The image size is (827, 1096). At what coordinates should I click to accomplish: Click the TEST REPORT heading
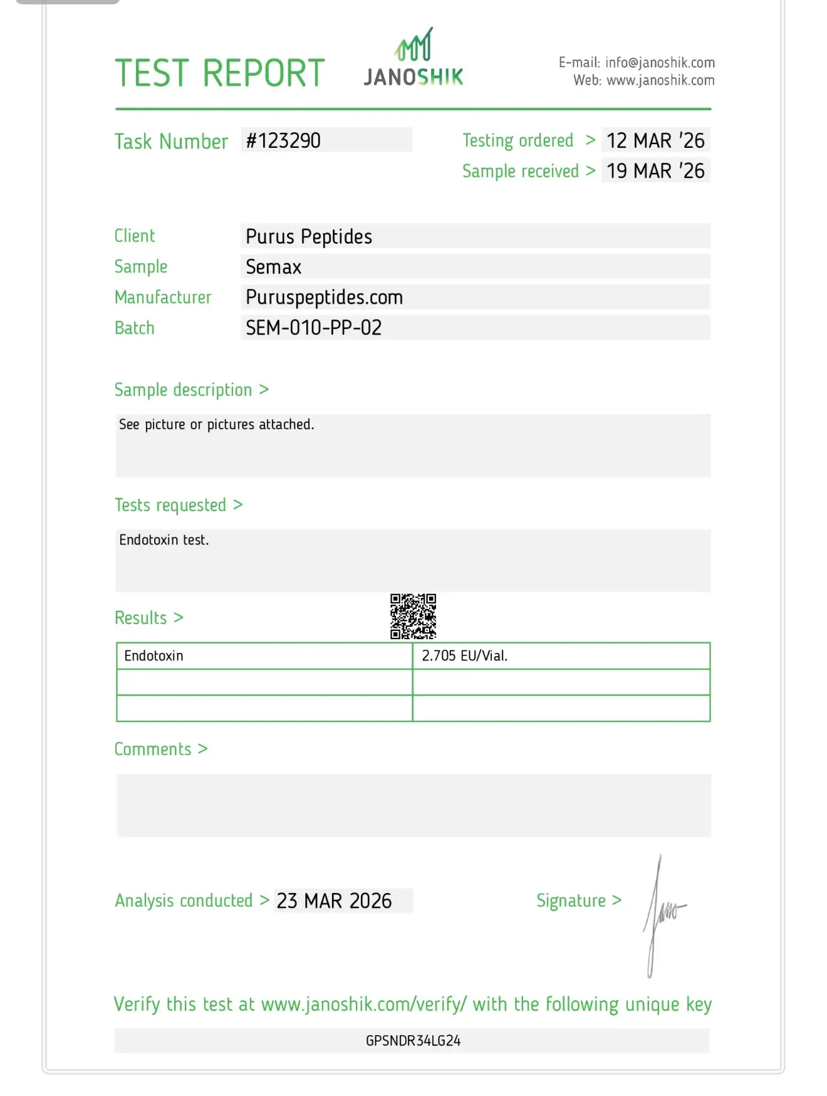pyautogui.click(x=219, y=73)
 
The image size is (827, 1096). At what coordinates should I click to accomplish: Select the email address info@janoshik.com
pyautogui.click(x=660, y=63)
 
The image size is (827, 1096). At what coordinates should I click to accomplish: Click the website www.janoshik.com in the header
pyautogui.click(x=660, y=80)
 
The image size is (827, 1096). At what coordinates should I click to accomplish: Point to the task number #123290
pyautogui.click(x=283, y=140)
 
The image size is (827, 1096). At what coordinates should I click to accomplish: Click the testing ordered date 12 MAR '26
pyautogui.click(x=655, y=140)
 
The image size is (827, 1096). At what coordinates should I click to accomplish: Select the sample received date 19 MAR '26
pyautogui.click(x=655, y=170)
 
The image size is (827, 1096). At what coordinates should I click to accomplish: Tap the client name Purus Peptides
pyautogui.click(x=309, y=237)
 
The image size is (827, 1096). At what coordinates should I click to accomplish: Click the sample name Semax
pyautogui.click(x=274, y=267)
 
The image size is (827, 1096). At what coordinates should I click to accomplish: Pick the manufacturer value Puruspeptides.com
pyautogui.click(x=324, y=297)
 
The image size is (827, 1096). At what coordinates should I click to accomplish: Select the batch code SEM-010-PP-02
pyautogui.click(x=313, y=327)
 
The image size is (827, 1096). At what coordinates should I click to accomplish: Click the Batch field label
pyautogui.click(x=134, y=328)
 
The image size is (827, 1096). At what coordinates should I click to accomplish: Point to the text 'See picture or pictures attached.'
pyautogui.click(x=216, y=424)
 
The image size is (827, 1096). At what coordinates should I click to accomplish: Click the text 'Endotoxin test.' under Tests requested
pyautogui.click(x=164, y=540)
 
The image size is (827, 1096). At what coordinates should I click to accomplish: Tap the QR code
pyautogui.click(x=413, y=616)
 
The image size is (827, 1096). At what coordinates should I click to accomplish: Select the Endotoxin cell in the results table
pyautogui.click(x=154, y=655)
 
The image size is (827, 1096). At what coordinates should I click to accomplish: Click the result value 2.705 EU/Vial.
pyautogui.click(x=464, y=655)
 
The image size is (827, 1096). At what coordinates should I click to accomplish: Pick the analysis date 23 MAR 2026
pyautogui.click(x=334, y=900)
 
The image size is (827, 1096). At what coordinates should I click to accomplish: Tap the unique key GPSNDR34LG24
pyautogui.click(x=413, y=1041)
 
